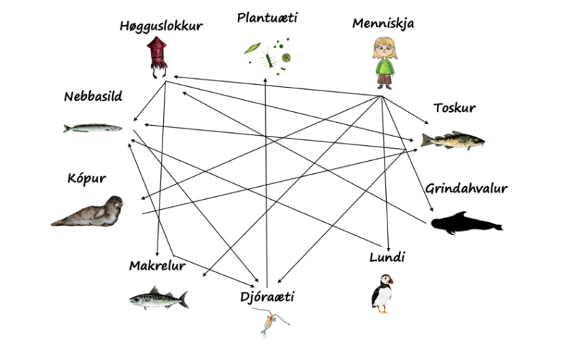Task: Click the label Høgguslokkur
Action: coord(161,27)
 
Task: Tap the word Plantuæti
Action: coord(267,17)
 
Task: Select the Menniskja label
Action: coord(383,24)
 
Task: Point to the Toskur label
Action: coord(455,108)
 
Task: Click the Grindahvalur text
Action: coord(466,188)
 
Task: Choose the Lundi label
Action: coord(387,257)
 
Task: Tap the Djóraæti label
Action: coord(267,297)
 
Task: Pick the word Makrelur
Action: coord(157,265)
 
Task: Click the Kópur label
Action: coord(86,179)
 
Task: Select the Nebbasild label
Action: coord(93,96)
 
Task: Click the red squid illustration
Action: coord(157,57)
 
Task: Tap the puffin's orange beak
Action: coord(390,281)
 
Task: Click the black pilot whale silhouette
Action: coord(466,223)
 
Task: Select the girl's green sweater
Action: coord(385,67)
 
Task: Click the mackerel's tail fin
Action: coord(184,300)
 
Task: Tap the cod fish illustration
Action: coord(453,140)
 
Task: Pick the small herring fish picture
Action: coord(93,128)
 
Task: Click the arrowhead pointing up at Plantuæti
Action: coord(265,80)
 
